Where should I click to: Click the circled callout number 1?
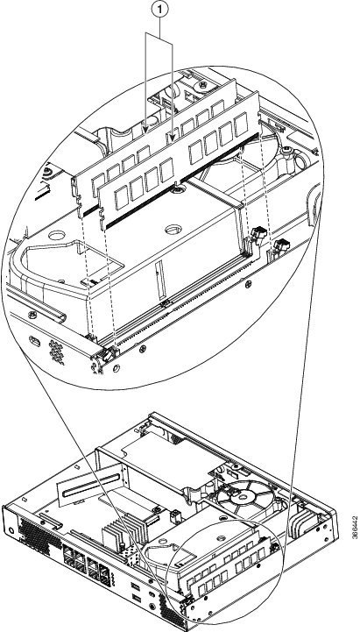[159, 10]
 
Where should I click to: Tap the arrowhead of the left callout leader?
[145, 129]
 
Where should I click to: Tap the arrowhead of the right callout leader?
[173, 138]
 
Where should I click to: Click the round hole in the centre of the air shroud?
[173, 230]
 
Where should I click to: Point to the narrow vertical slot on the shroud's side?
[160, 274]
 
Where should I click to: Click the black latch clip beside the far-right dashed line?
[281, 245]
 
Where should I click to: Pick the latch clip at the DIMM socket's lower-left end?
[108, 355]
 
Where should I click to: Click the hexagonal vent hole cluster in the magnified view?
[57, 352]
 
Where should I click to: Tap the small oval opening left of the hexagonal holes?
[35, 342]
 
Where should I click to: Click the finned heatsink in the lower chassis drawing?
[122, 532]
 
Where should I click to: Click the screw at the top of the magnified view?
[203, 85]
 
